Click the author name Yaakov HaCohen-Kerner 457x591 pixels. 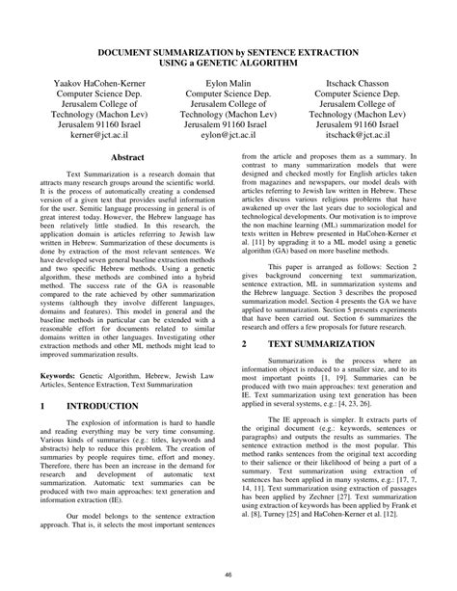coord(96,86)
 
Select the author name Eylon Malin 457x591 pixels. coord(228,86)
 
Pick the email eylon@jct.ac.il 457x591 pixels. coord(228,138)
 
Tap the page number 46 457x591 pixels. coord(228,576)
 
